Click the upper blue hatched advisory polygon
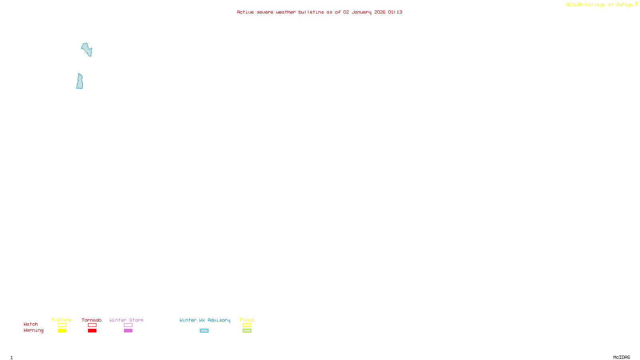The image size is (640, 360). [x=87, y=50]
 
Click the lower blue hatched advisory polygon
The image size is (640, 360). [x=80, y=82]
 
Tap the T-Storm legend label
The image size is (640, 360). [x=62, y=320]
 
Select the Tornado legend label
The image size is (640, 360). [x=92, y=320]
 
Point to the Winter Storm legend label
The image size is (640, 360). [x=126, y=320]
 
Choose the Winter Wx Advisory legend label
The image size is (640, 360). [x=205, y=320]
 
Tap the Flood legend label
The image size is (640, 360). [x=247, y=320]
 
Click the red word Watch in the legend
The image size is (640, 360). [x=31, y=324]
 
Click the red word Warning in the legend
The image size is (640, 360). [x=33, y=330]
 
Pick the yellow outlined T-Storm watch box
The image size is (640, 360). [x=62, y=325]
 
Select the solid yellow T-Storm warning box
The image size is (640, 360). [x=62, y=331]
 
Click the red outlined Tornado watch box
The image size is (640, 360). [x=92, y=325]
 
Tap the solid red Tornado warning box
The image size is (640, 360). [x=92, y=331]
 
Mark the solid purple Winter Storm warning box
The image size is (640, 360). [x=128, y=331]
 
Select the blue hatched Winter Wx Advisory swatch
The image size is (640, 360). [x=204, y=331]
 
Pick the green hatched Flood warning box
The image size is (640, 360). [x=247, y=331]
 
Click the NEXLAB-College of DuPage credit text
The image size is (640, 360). [x=599, y=5]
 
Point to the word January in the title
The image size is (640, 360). [x=361, y=12]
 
